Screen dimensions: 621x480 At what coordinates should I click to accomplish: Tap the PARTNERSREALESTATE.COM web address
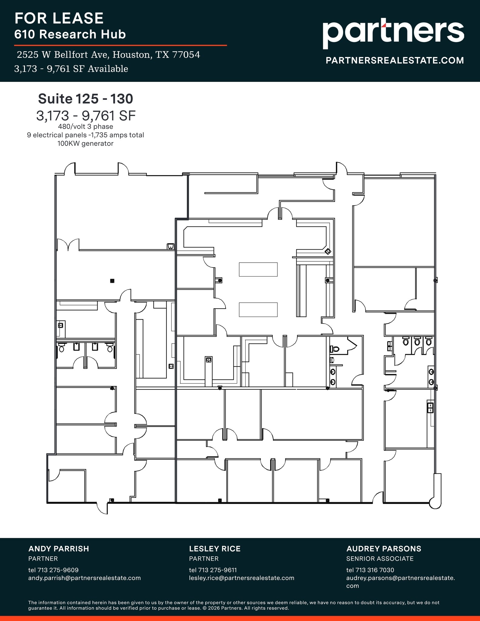[x=394, y=60]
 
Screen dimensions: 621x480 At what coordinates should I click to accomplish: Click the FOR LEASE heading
[x=59, y=18]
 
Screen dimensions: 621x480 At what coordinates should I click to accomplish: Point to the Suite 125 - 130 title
[x=86, y=99]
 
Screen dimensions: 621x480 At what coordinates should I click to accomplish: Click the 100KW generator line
[x=86, y=144]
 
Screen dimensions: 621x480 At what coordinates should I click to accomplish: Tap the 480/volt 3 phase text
[x=86, y=127]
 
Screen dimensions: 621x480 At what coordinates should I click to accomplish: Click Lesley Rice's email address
[x=241, y=578]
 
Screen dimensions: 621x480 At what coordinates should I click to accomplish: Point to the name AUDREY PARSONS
[x=384, y=549]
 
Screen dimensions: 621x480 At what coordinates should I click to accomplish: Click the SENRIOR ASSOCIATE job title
[x=380, y=559]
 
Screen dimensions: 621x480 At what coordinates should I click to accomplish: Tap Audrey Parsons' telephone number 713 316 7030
[x=374, y=570]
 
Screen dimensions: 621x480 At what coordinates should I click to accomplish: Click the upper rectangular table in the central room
[x=258, y=269]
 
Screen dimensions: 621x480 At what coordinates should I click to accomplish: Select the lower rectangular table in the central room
[x=258, y=310]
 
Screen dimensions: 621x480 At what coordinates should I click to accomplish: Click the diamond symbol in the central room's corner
[x=328, y=251]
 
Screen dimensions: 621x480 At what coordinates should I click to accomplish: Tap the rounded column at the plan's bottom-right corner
[x=435, y=504]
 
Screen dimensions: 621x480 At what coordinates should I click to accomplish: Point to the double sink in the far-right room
[x=430, y=408]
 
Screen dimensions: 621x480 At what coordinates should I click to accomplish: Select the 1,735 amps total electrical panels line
[x=86, y=135]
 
